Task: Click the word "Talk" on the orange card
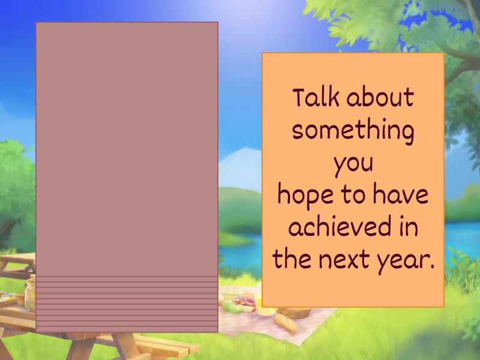click(316, 98)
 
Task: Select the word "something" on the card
click(353, 131)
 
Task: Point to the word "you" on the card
click(353, 164)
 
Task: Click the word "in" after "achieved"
click(408, 229)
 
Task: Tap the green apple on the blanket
click(231, 307)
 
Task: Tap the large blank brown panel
click(127, 150)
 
